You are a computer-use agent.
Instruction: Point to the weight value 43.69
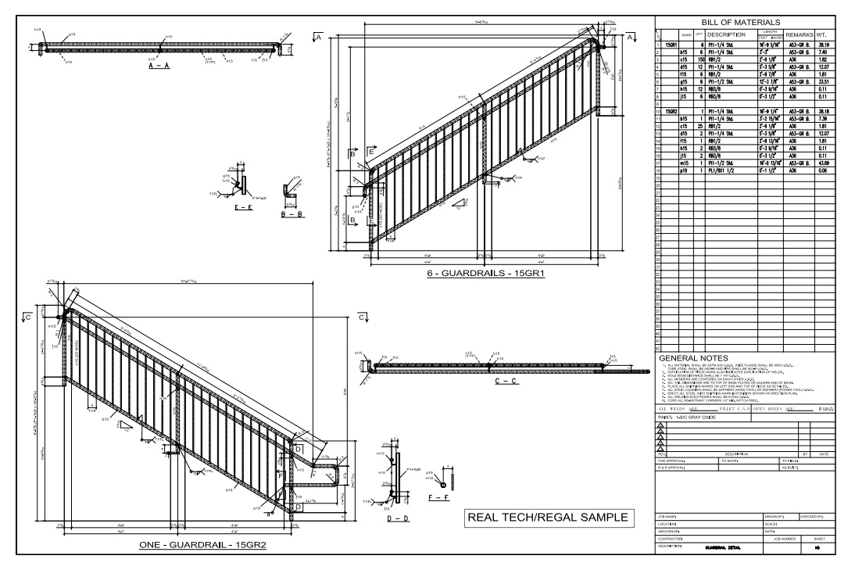click(822, 162)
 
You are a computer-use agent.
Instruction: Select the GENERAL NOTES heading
click(694, 358)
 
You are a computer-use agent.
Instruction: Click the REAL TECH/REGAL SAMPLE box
click(547, 518)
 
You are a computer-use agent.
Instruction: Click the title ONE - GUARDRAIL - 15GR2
click(203, 545)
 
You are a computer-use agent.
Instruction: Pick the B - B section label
click(293, 213)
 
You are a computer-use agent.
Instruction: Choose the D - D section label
click(399, 518)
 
